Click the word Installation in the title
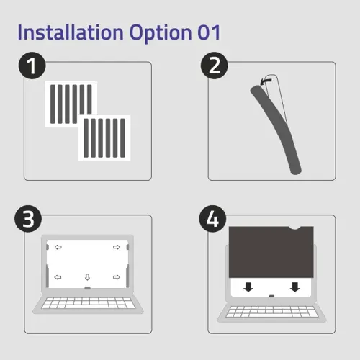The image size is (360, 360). [x=69, y=32]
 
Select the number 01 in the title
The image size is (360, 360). [x=205, y=32]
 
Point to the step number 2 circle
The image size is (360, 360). [x=213, y=66]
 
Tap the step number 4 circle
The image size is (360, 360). [x=213, y=219]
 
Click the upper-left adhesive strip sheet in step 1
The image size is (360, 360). [x=70, y=104]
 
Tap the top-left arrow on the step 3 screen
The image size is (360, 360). [x=58, y=248]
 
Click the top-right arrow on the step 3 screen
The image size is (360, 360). [x=117, y=248]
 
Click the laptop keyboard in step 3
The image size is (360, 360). [x=87, y=302]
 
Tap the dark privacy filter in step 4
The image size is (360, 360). [x=268, y=252]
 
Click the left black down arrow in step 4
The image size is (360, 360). [x=248, y=287]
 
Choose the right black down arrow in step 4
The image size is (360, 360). [x=294, y=287]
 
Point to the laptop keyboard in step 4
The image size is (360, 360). [x=271, y=312]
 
